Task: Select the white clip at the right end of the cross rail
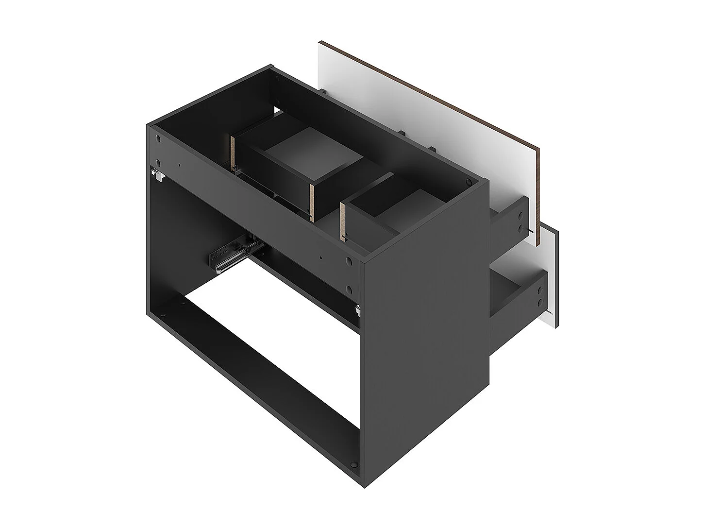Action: click(x=357, y=308)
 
